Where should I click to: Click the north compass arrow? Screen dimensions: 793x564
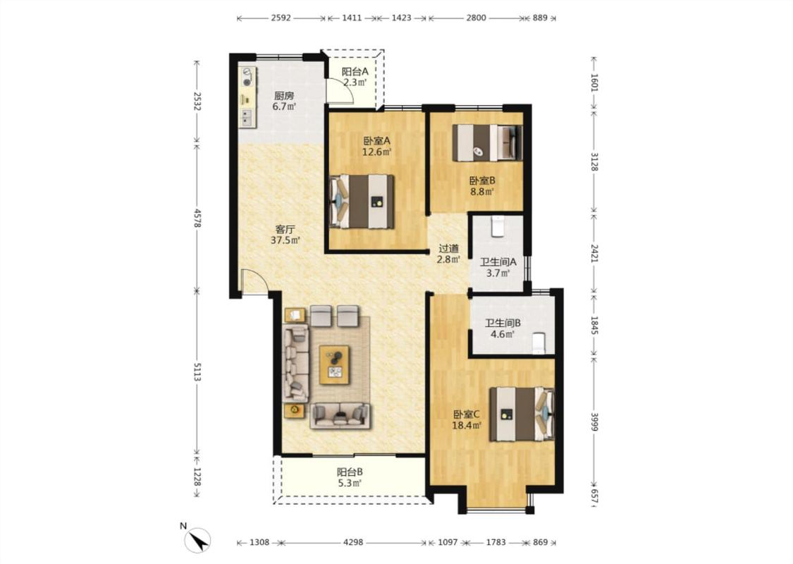pos(198,540)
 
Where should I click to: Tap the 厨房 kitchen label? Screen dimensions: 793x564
pos(284,95)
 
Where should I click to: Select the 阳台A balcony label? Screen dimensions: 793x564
pos(355,72)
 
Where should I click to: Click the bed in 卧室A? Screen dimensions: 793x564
pos(362,202)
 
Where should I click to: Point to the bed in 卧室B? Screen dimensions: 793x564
pos(487,142)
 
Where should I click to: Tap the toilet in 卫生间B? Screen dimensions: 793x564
pos(539,343)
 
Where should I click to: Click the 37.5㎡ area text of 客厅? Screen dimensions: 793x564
pos(285,240)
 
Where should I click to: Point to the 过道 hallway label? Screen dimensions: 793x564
pos(448,248)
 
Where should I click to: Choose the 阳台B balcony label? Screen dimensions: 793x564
pos(350,472)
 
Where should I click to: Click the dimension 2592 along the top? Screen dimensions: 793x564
pos(281,18)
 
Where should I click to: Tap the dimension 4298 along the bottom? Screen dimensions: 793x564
pos(353,542)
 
